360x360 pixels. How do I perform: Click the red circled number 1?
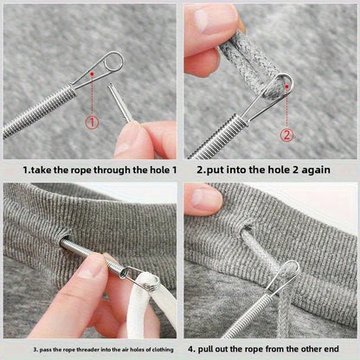[91, 122]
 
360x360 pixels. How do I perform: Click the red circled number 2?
[286, 134]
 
